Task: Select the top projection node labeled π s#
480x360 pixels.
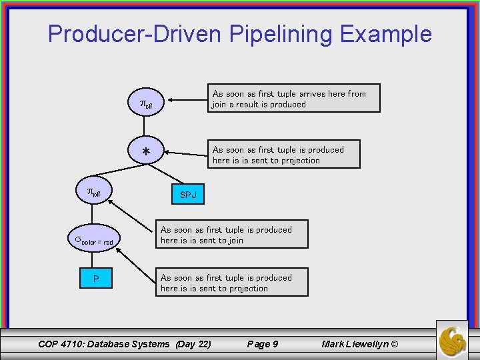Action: coord(146,104)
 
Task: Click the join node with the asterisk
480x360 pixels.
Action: coord(146,153)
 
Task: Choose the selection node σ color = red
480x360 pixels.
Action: coord(94,240)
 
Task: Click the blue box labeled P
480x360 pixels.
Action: coord(97,278)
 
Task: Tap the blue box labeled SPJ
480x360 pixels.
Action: coord(188,195)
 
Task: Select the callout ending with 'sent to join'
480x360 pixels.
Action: coord(233,235)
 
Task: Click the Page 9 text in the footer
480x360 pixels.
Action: coord(263,344)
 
